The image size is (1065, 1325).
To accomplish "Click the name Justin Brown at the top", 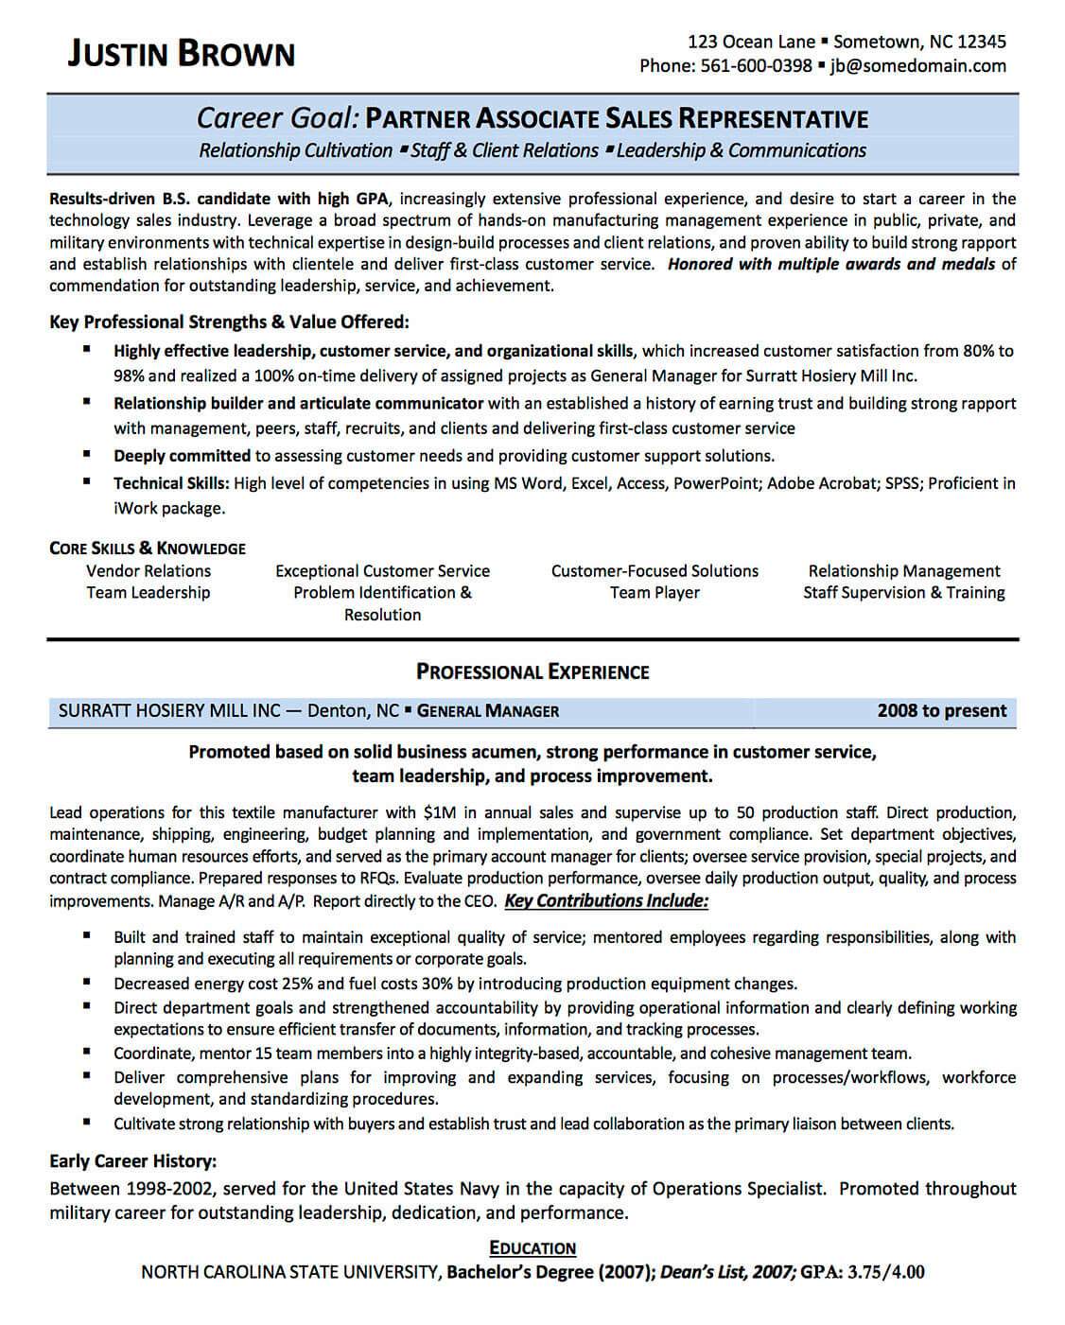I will click(x=181, y=53).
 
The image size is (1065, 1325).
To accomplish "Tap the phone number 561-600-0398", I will click(x=756, y=65).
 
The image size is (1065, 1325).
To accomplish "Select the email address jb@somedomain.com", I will click(x=917, y=65).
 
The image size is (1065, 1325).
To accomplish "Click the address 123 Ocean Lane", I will click(x=751, y=42).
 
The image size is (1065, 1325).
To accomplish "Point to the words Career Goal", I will click(x=277, y=118).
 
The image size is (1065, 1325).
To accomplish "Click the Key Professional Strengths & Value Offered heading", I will click(x=229, y=322).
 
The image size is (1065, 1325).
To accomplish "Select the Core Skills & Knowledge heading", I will click(x=147, y=549).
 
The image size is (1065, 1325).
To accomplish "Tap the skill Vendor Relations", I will click(x=148, y=571).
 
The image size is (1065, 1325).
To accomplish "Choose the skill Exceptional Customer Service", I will click(x=382, y=571).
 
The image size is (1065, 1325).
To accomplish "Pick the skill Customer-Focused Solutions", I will click(x=655, y=571).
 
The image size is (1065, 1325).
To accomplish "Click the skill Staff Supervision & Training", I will click(x=903, y=593).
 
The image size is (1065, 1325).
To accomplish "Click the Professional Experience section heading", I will click(x=532, y=672).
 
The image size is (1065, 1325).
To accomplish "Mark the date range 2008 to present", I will click(x=941, y=711).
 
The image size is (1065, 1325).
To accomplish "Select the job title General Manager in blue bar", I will click(x=488, y=711).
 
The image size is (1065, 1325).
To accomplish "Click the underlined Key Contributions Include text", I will click(x=606, y=901).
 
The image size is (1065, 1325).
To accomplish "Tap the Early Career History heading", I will click(x=132, y=1161).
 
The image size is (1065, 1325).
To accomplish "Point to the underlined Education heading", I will click(x=532, y=1248).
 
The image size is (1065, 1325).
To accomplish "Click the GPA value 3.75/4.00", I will click(x=885, y=1273).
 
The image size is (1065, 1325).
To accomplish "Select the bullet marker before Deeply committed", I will click(x=87, y=455).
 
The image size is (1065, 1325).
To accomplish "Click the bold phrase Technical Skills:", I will click(x=171, y=483).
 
